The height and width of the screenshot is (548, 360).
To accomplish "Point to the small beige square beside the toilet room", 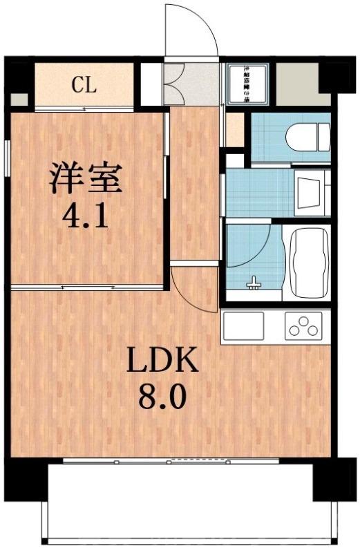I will coord(236,130).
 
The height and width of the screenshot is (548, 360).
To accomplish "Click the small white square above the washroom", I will coord(235,161).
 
